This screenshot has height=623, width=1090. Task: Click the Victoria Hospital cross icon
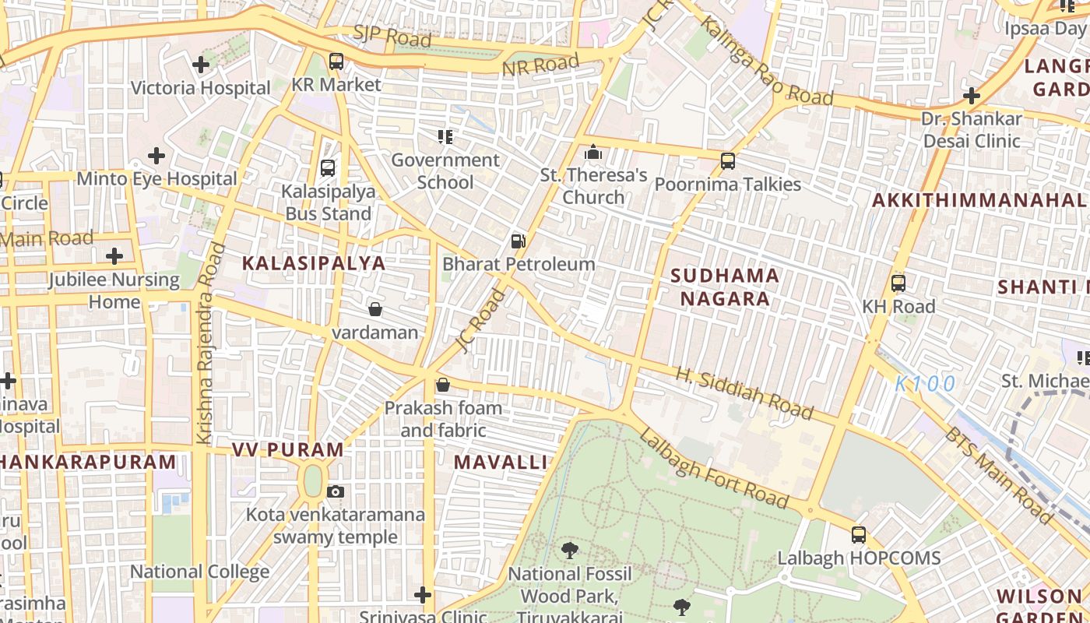point(201,65)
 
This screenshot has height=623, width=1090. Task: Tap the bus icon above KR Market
point(336,61)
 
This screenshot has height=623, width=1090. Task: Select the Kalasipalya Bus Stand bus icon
point(328,167)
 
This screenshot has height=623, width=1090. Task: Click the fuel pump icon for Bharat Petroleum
point(519,241)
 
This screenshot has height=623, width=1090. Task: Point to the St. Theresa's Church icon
point(593,152)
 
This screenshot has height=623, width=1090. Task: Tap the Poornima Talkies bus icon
point(728,161)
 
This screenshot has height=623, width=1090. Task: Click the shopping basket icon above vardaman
point(375,309)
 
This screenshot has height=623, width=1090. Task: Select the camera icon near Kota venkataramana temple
point(336,491)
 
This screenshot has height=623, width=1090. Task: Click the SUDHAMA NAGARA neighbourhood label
point(725,287)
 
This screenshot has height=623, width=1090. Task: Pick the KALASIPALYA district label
point(314,263)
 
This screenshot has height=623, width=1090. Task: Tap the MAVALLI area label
point(501,462)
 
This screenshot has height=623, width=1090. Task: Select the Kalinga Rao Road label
point(765,61)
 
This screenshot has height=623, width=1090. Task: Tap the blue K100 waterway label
point(924,383)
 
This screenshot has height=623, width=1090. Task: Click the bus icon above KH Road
point(898,283)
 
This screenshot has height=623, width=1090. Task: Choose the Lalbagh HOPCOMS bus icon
point(859,535)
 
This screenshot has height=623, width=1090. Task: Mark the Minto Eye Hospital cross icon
point(156,156)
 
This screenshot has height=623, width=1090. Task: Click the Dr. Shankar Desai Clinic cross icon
point(971,97)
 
